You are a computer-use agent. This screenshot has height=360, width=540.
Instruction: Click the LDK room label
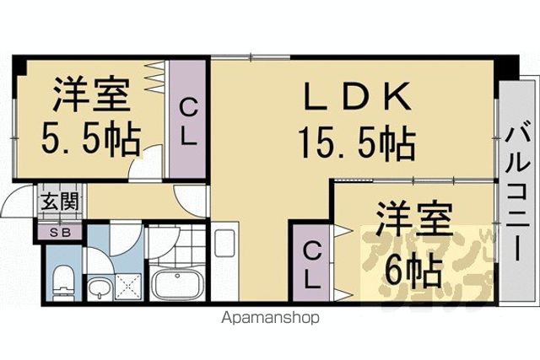click(x=357, y=95)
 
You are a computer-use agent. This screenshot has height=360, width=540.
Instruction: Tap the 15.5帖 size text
click(x=357, y=142)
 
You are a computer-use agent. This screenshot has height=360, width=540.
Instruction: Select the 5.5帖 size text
click(x=91, y=140)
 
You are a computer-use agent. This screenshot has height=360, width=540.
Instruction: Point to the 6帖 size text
click(x=413, y=273)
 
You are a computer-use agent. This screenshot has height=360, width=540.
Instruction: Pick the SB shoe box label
click(x=60, y=233)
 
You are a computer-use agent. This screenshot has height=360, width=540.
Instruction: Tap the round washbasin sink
click(x=100, y=287)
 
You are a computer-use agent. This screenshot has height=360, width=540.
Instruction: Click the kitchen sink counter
click(x=224, y=262)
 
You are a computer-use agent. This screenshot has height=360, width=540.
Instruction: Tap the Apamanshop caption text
click(x=271, y=318)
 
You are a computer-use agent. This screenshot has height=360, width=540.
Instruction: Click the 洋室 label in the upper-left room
click(x=91, y=94)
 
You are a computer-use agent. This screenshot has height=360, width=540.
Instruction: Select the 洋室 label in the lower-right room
click(x=413, y=219)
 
